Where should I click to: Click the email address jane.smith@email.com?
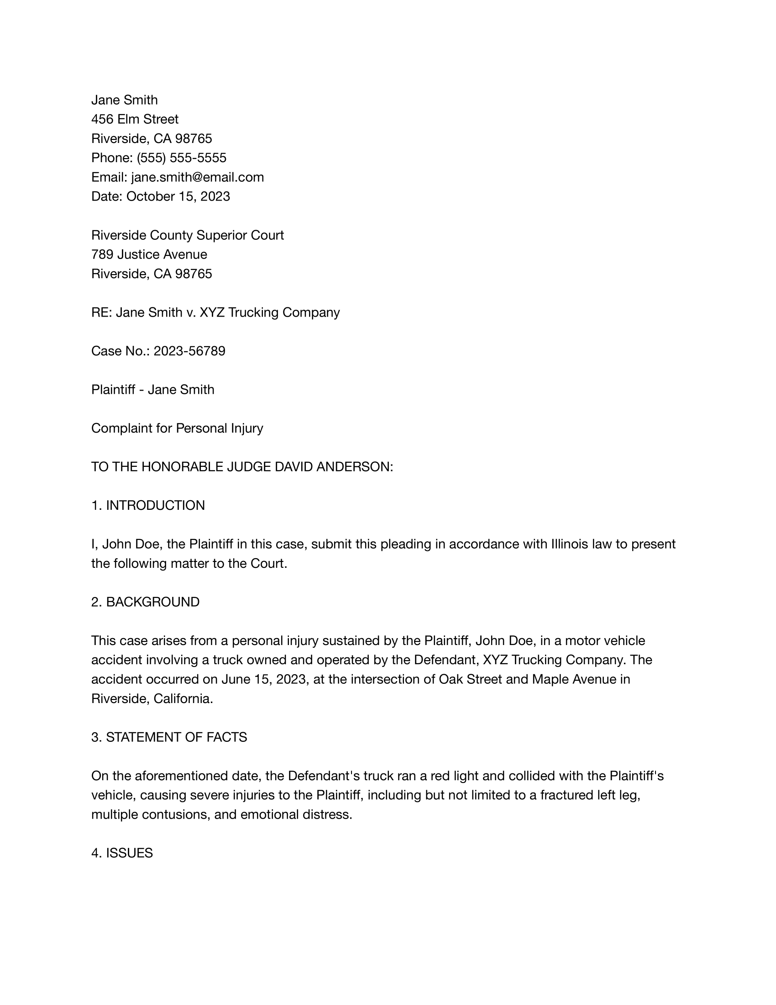coord(197,177)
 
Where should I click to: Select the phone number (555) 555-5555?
coord(181,158)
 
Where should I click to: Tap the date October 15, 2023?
coord(178,196)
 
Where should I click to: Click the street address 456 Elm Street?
coord(135,119)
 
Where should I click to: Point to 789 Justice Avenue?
coord(149,254)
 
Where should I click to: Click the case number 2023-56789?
coord(189,351)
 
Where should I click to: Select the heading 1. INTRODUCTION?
coord(147,505)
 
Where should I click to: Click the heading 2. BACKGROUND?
coord(145,602)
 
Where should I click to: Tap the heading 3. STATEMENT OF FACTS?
coord(169,737)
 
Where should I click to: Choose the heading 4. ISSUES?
coord(122,853)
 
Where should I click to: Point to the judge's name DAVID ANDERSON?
coord(333,466)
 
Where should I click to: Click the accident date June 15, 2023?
coord(263,679)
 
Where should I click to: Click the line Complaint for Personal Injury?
coord(177,428)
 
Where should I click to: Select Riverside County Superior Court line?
coord(188,235)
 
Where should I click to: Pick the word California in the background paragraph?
coord(183,698)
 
